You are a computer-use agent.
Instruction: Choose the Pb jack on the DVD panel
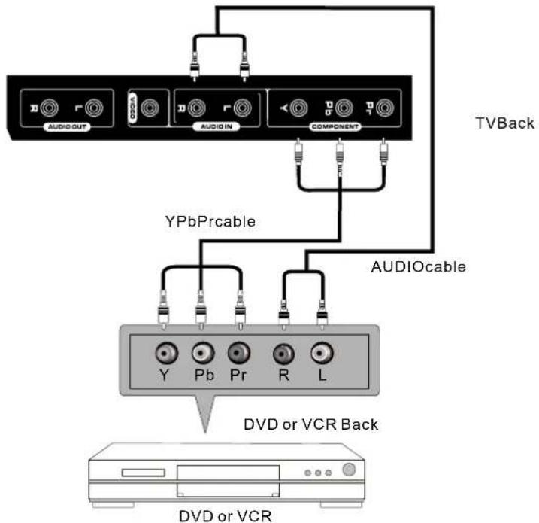(x=200, y=352)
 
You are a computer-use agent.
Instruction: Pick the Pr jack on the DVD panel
(x=238, y=352)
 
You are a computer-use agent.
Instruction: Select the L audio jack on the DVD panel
(x=322, y=352)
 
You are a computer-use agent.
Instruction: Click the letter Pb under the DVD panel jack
(x=200, y=374)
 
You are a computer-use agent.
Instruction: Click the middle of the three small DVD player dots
(x=319, y=474)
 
